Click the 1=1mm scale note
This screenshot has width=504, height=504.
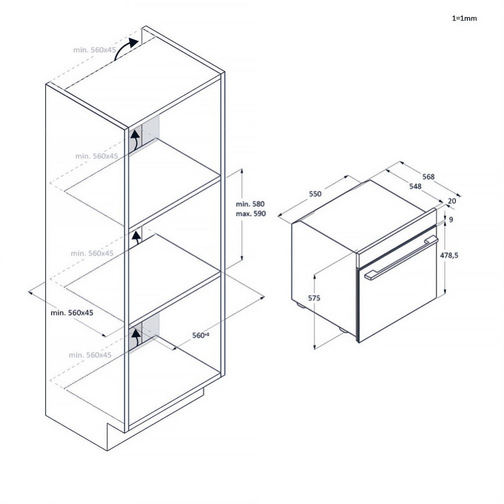(464, 18)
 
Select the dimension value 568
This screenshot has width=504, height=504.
(428, 177)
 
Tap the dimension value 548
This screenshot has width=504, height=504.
(415, 186)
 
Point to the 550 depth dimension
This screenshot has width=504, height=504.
(315, 194)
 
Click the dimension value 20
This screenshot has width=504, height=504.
(452, 201)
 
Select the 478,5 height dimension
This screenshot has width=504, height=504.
(449, 255)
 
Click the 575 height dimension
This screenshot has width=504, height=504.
(314, 298)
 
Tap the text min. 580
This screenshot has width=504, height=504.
(250, 204)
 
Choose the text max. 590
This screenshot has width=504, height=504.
(251, 214)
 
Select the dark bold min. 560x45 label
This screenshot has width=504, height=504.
(72, 312)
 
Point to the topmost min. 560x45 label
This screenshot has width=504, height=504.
(94, 50)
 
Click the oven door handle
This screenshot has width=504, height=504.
(402, 258)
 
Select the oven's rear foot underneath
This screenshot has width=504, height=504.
(299, 305)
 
